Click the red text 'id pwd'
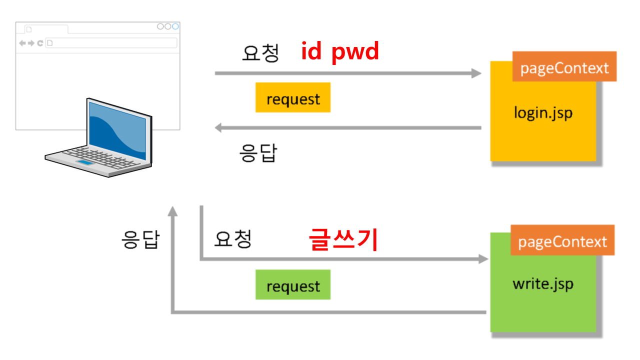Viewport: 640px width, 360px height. pyautogui.click(x=340, y=51)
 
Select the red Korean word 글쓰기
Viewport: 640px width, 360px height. pyautogui.click(x=342, y=239)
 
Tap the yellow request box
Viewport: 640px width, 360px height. pyautogui.click(x=293, y=97)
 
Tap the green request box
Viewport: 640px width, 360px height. pyautogui.click(x=293, y=285)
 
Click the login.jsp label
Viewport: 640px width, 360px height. pyautogui.click(x=543, y=112)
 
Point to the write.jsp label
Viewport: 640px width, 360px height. pyautogui.click(x=543, y=284)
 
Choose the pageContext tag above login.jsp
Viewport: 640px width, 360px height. pyautogui.click(x=564, y=67)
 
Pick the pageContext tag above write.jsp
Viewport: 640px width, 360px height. pyautogui.click(x=562, y=241)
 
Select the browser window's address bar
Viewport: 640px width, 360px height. pyautogui.click(x=111, y=43)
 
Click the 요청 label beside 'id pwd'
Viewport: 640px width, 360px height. pyautogui.click(x=260, y=53)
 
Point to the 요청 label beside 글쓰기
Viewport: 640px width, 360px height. pyautogui.click(x=232, y=239)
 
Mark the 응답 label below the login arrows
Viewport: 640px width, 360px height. pyautogui.click(x=258, y=153)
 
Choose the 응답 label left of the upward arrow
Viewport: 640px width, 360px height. pyautogui.click(x=140, y=239)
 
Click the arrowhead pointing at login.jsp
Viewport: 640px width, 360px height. pyautogui.click(x=476, y=73)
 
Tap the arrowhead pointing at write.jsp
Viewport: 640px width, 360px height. pyautogui.click(x=483, y=259)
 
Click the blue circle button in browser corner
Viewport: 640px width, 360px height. pyautogui.click(x=175, y=26)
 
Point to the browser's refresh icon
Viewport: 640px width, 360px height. pyautogui.click(x=40, y=43)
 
